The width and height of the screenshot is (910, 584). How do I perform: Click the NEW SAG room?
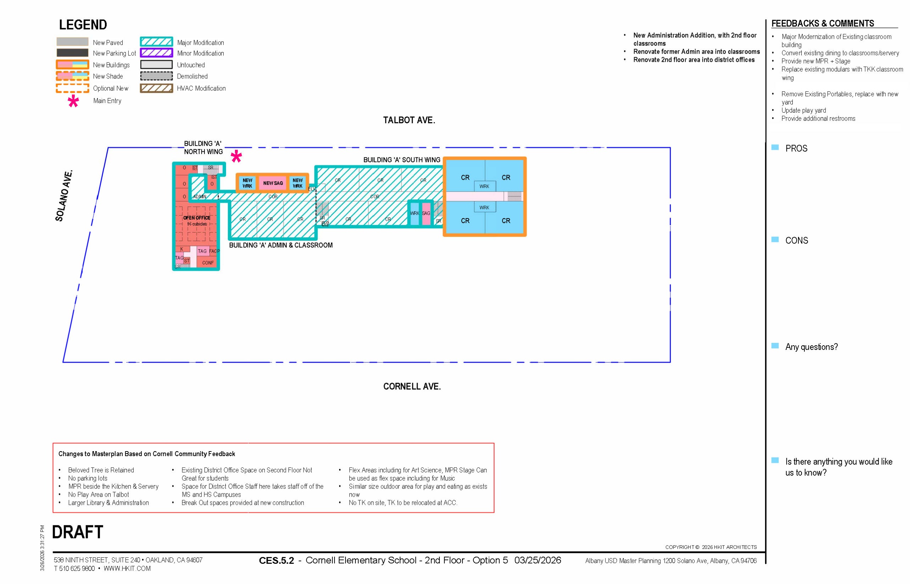273,183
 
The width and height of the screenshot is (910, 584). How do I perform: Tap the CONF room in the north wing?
208,263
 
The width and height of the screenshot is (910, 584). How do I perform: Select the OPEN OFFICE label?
197,218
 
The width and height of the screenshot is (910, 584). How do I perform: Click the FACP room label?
214,251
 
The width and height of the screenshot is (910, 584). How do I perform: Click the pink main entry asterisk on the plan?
236,157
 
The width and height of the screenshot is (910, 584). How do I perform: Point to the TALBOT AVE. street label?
409,120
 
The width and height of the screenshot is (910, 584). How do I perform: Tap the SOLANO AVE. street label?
64,196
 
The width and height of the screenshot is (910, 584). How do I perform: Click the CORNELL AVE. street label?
412,386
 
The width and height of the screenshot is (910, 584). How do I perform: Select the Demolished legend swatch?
156,76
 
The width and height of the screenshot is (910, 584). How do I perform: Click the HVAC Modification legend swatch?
156,88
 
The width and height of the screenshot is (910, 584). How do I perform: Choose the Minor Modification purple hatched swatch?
156,53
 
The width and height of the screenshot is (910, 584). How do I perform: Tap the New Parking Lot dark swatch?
73,53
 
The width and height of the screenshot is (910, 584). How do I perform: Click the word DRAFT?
77,532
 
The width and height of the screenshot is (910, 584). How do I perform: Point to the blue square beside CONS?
775,240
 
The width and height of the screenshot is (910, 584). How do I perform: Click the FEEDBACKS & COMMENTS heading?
822,23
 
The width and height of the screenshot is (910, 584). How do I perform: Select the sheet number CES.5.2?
276,561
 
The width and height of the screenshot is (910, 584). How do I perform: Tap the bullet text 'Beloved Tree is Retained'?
101,470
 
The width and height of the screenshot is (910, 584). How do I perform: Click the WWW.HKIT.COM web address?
127,568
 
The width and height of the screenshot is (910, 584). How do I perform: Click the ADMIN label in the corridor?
200,196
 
